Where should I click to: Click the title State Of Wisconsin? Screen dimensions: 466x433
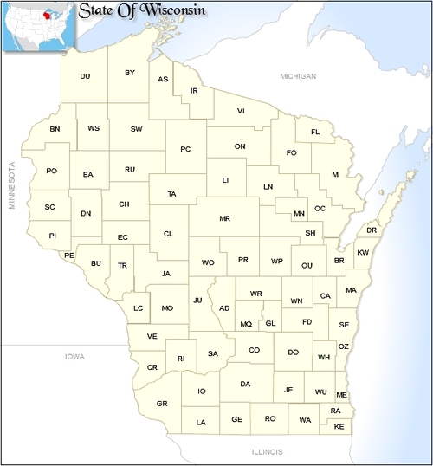[x=141, y=11]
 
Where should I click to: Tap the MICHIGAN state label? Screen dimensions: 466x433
[x=298, y=77]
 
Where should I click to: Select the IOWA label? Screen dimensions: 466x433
[x=75, y=356]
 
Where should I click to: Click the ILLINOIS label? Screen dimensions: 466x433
[x=268, y=451]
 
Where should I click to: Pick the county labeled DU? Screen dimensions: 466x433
[x=85, y=76]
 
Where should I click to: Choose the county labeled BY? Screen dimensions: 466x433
[x=130, y=73]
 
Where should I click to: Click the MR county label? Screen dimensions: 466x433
[x=224, y=218]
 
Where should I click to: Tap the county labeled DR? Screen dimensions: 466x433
[x=372, y=230]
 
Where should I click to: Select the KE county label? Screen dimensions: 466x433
[x=339, y=427]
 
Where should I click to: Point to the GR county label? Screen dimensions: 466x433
[x=162, y=404]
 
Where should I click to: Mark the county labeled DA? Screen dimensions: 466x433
[x=245, y=384]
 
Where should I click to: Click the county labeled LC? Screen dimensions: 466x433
[x=138, y=307]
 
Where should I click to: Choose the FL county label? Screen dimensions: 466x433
[x=315, y=132]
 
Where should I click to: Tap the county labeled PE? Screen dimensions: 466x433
[x=69, y=256]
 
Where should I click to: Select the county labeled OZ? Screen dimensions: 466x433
[x=343, y=346]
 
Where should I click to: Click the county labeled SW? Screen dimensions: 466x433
[x=136, y=129]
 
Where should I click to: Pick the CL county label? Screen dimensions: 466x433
[x=168, y=233]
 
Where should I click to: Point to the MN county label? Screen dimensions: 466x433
[x=299, y=213]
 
